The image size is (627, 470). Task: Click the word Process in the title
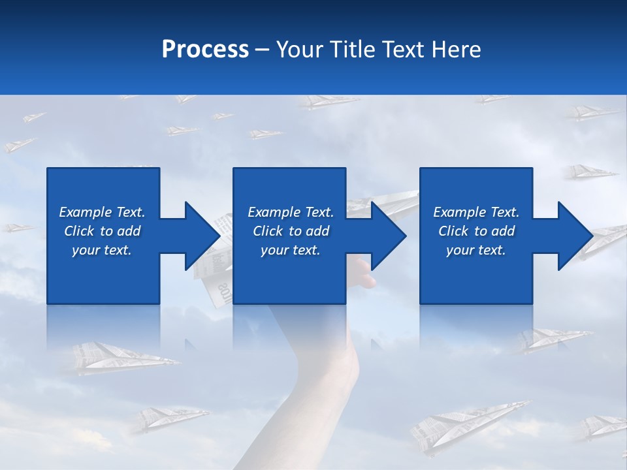pyautogui.click(x=205, y=50)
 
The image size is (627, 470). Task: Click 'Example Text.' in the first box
pyautogui.click(x=102, y=212)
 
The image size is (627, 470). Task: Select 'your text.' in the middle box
pyautogui.click(x=290, y=250)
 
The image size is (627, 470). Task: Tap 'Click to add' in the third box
pyautogui.click(x=476, y=231)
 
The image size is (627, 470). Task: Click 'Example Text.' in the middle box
pyautogui.click(x=290, y=212)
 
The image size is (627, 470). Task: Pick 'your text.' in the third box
pyautogui.click(x=476, y=250)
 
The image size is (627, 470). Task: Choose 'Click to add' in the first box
pyautogui.click(x=102, y=231)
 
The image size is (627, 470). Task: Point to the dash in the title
pyautogui.click(x=262, y=50)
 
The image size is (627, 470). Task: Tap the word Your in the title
pyautogui.click(x=300, y=50)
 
